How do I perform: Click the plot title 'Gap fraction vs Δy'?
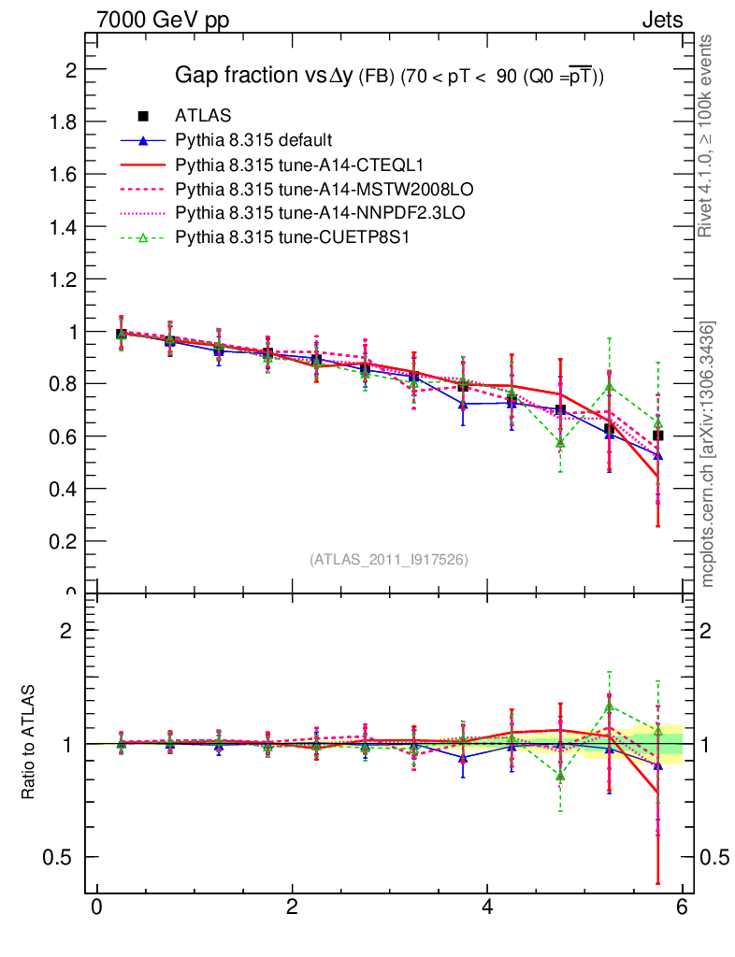click(265, 76)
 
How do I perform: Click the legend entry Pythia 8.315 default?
click(253, 140)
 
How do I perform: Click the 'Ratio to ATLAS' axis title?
click(29, 742)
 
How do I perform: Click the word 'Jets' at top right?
click(661, 21)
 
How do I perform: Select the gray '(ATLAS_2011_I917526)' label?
click(389, 559)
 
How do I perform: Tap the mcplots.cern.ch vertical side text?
click(707, 453)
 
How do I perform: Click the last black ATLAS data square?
click(658, 435)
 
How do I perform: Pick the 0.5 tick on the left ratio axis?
click(62, 857)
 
